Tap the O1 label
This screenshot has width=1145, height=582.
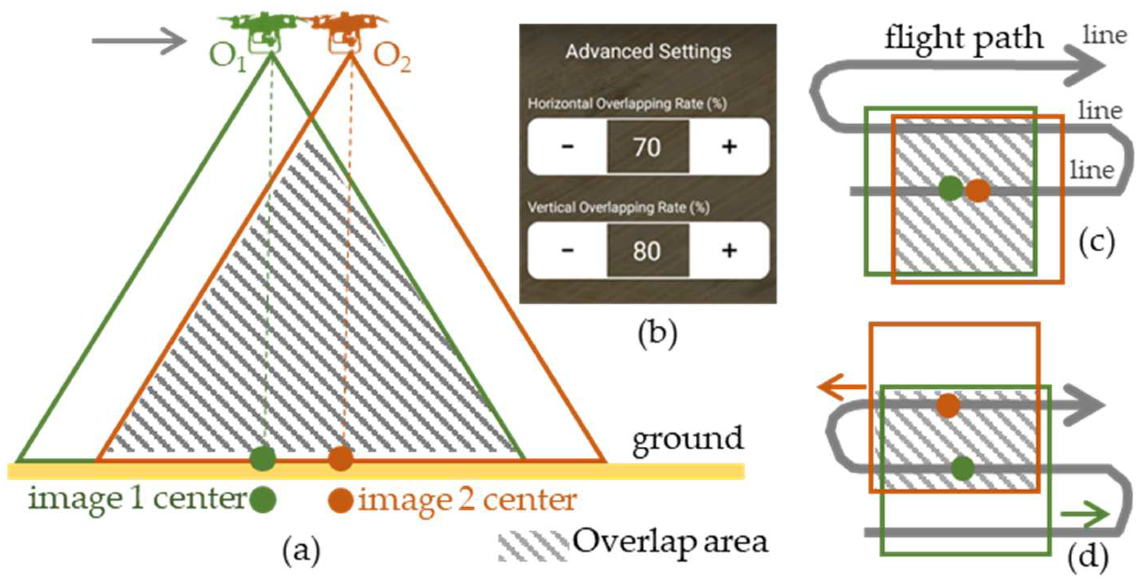pyautogui.click(x=227, y=58)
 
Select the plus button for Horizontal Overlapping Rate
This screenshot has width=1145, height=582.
pyautogui.click(x=730, y=147)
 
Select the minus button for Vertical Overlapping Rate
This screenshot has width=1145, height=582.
pyautogui.click(x=567, y=250)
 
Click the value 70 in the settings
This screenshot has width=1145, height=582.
pyautogui.click(x=648, y=147)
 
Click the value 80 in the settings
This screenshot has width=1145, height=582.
pyautogui.click(x=648, y=251)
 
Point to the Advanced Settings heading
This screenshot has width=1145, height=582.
pyautogui.click(x=648, y=52)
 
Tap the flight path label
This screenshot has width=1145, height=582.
pyautogui.click(x=963, y=39)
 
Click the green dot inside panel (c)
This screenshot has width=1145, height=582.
pyautogui.click(x=950, y=189)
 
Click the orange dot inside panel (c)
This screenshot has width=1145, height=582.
pyautogui.click(x=978, y=190)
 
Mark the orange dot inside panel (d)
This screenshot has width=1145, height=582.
pyautogui.click(x=948, y=405)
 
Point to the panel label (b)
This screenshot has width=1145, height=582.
pyautogui.click(x=657, y=334)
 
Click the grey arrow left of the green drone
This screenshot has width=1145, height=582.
pyautogui.click(x=138, y=41)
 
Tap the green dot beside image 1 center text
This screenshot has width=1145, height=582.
pyautogui.click(x=263, y=500)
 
